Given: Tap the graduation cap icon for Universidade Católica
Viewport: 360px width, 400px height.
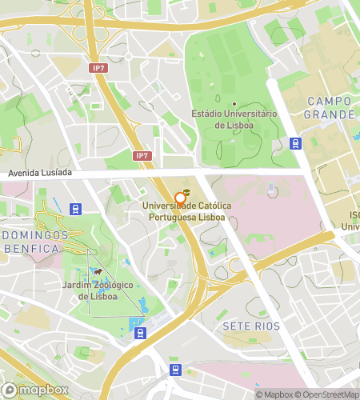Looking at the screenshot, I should coord(185,194).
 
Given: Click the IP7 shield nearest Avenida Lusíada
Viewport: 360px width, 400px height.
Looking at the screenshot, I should coord(142,155).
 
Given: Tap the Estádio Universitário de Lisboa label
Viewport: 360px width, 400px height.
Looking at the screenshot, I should coord(234,119).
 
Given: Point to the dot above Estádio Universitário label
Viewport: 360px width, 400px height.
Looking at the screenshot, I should coord(234,104).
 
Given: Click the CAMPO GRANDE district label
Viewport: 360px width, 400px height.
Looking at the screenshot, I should coord(329,108).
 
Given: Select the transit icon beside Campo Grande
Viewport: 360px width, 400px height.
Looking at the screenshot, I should coord(296,143).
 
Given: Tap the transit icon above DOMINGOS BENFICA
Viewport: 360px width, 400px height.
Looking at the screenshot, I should coord(75,209).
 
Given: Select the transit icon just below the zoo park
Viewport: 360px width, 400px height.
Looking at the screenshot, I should coord(140,333).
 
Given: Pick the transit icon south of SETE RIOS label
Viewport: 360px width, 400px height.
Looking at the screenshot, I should coord(175,370).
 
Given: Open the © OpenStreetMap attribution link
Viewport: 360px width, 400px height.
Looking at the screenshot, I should coord(328,394).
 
